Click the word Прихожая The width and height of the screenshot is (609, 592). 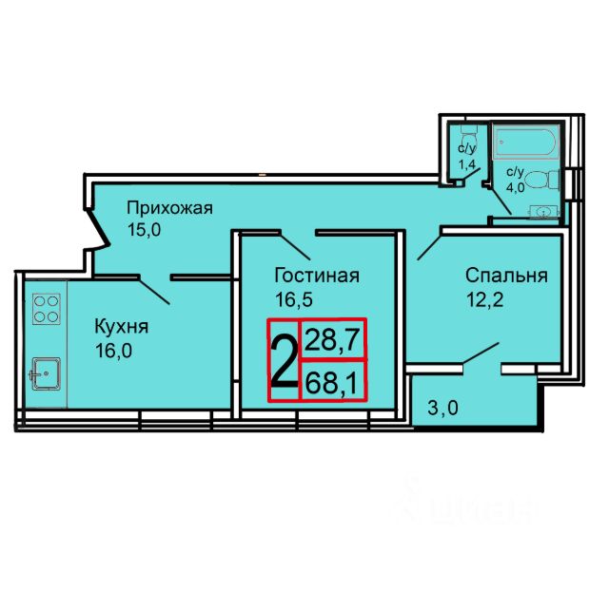[x=169, y=209]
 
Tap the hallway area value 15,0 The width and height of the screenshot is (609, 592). [x=144, y=231]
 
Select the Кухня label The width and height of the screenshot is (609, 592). [x=122, y=328]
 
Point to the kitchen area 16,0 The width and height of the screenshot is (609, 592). [x=113, y=351]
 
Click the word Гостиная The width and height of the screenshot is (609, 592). [x=317, y=276]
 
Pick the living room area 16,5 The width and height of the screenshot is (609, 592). [x=294, y=300]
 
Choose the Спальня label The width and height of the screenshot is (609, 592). [x=506, y=276]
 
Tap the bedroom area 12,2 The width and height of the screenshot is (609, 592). [x=485, y=300]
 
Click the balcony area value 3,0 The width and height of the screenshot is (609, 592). [x=442, y=408]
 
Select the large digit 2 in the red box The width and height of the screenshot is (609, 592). [x=285, y=361]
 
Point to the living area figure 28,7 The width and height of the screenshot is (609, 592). [x=331, y=340]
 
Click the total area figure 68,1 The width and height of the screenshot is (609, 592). [x=331, y=383]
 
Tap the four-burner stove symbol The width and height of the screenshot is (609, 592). [x=47, y=309]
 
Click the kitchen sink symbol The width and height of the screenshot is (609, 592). [x=46, y=373]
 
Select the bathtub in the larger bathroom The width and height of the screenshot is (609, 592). [x=526, y=142]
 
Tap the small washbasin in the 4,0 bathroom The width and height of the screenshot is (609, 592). [x=543, y=212]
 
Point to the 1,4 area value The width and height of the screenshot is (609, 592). [x=467, y=164]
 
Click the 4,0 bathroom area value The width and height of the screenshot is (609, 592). [x=515, y=187]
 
